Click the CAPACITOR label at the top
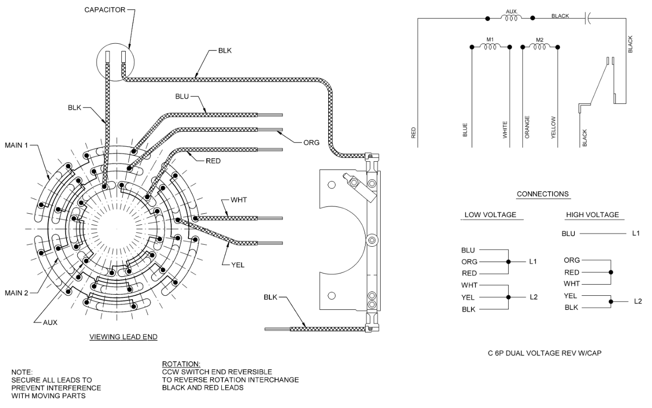105,10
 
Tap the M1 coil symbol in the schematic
490,47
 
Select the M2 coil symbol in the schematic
540,47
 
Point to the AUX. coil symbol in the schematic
511,18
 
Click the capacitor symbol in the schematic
587,18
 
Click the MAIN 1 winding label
17,145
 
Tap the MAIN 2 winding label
17,293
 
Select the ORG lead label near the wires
311,143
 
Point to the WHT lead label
239,200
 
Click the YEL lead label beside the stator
238,265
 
